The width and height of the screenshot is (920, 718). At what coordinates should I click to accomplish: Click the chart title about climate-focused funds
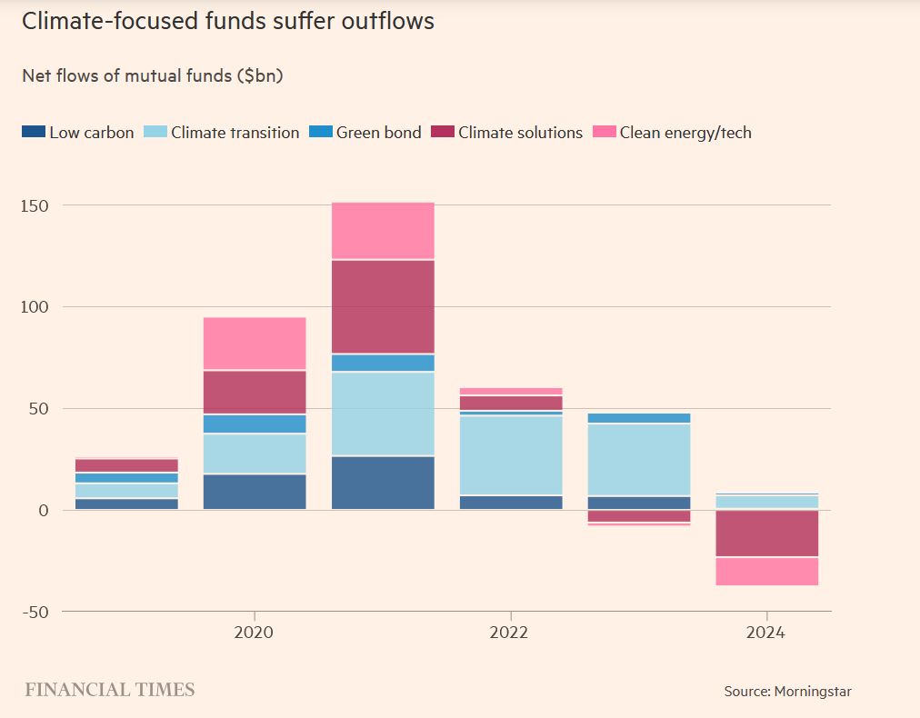227,22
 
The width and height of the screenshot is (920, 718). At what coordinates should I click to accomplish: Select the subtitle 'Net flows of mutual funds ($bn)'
152,76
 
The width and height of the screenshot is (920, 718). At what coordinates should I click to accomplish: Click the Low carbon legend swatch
33,133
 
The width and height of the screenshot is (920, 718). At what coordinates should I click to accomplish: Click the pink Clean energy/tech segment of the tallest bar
383,231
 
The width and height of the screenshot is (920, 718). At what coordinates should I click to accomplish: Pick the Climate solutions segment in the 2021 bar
383,306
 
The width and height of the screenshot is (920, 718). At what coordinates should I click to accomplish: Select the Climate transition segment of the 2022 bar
511,455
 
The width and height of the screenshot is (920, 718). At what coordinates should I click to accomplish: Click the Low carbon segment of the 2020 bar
255,491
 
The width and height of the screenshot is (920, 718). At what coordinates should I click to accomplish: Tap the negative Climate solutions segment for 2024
766,534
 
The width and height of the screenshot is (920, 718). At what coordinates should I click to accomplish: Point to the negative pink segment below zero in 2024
766,571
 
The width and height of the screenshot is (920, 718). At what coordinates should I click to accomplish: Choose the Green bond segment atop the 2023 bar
639,418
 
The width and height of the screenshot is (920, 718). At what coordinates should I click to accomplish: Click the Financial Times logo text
110,690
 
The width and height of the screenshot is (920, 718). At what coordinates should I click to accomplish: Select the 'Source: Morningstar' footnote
787,692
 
